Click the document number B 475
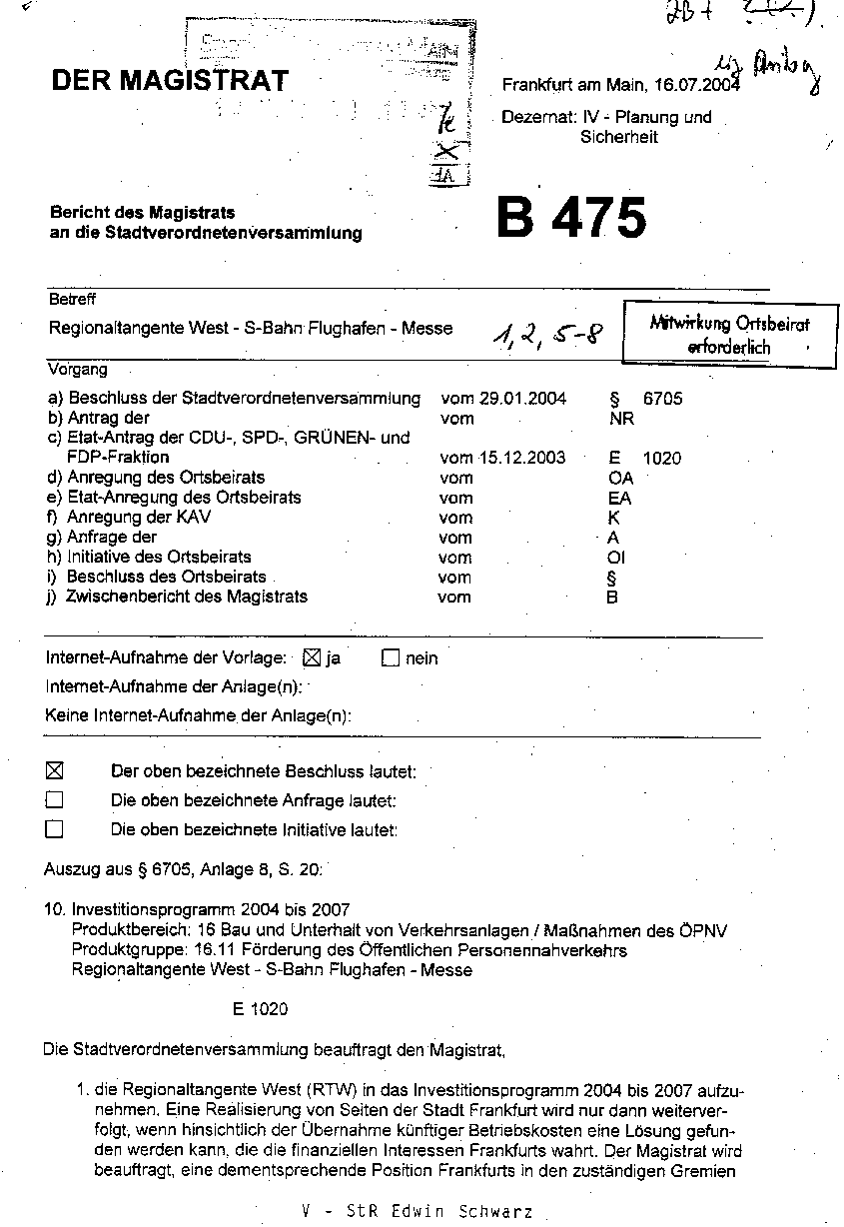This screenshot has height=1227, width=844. coord(571,217)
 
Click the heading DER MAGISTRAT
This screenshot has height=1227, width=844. coord(170,81)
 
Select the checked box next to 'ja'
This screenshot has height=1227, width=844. coord(310,658)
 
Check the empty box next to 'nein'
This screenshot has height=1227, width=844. coord(391,658)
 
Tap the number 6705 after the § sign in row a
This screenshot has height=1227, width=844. coord(663,399)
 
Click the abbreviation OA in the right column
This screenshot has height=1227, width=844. coord(620,478)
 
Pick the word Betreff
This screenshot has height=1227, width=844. coord(72,300)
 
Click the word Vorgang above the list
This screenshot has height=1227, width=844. coord(78,369)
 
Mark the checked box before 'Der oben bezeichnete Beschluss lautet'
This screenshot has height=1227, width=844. coord(55,770)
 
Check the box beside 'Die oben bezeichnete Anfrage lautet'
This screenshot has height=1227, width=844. coord(55,800)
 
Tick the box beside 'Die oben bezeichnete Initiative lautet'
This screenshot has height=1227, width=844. coord(55,829)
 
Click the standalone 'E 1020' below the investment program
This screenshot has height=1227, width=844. coord(260,1009)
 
